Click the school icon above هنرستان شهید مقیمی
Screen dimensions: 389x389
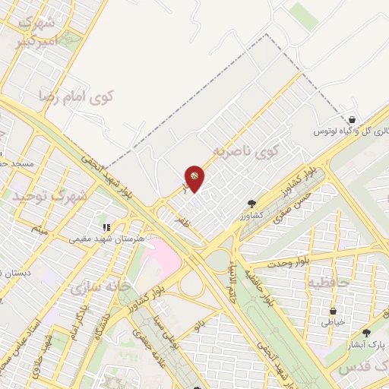pyautogui.click(x=107, y=226)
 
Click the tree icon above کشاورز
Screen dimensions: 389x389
pyautogui.click(x=251, y=203)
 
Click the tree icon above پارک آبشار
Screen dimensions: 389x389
pyautogui.click(x=366, y=333)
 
